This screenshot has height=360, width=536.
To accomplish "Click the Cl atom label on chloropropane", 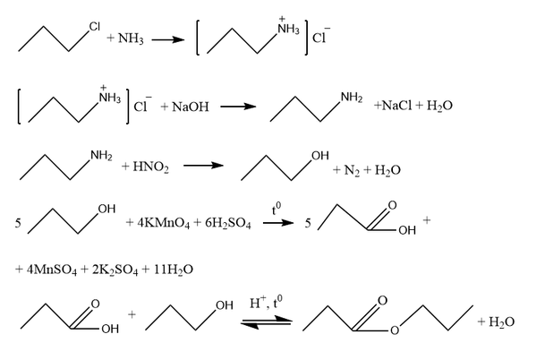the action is tap(94, 27).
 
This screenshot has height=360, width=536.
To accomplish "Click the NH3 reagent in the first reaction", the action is tap(131, 39).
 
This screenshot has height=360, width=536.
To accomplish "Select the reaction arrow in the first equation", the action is tap(168, 39).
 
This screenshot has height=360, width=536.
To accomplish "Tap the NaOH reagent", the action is tap(191, 107).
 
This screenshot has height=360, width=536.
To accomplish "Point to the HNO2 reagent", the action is tap(150, 167).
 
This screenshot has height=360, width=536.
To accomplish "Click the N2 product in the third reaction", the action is tap(352, 170).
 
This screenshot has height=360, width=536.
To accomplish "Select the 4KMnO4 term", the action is tap(164, 223).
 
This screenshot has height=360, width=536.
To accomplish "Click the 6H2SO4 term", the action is tap(228, 223).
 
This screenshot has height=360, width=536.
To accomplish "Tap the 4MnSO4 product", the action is tap(52, 270).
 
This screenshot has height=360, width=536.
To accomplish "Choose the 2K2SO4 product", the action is tap(115, 270).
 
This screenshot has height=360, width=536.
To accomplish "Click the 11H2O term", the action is tap(174, 270).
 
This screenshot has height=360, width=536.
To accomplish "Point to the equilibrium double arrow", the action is tap(267, 322).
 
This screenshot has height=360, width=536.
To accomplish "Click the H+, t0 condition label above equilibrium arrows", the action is tap(266, 302).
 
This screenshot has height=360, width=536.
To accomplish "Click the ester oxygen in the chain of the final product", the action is tap(395, 330).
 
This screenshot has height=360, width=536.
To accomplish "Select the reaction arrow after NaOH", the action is tap(238, 107).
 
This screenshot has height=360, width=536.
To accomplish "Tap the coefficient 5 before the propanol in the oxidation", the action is tap(18, 224).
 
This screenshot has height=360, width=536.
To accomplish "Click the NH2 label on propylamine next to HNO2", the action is tap(101, 156).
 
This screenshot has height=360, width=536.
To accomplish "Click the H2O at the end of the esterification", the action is tap(501, 322).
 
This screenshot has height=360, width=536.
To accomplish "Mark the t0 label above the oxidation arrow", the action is tap(277, 209).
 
